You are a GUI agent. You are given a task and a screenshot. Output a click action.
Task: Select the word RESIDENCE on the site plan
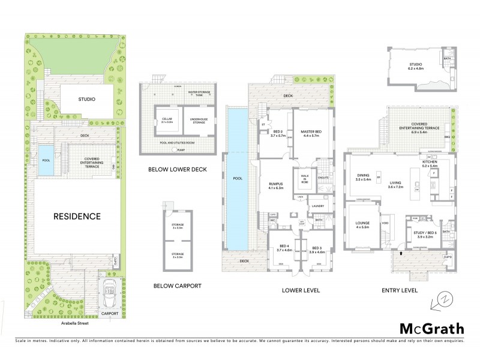[76, 216]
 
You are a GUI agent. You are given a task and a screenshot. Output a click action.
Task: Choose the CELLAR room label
[167, 120]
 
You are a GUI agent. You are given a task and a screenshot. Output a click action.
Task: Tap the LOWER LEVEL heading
[301, 290]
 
